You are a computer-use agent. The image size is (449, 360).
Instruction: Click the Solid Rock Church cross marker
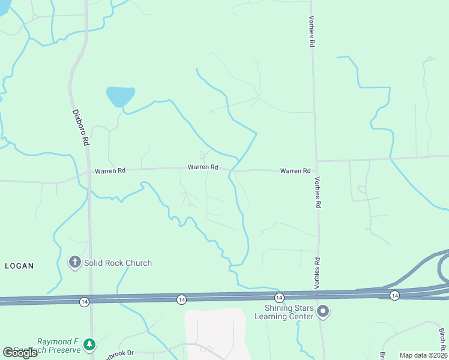point(74,262)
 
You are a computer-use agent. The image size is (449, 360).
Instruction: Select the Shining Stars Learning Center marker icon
point(323,311)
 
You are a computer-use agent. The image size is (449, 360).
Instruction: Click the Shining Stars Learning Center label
point(285,312)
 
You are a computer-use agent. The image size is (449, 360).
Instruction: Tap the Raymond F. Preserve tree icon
point(89,344)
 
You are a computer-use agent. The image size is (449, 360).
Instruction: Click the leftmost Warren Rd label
point(110,171)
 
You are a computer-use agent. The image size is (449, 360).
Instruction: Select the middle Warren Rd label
point(202,167)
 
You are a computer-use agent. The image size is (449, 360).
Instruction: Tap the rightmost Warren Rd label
point(295,171)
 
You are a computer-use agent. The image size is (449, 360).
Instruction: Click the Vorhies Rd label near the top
point(312,32)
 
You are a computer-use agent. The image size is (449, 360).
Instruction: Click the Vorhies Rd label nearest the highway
point(316,273)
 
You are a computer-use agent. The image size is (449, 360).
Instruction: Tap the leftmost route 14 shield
point(84,301)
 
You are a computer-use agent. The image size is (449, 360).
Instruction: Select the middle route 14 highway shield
point(181,299)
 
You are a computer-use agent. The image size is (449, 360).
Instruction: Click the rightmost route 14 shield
point(394,295)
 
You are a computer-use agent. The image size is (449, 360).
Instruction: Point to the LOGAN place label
point(19,265)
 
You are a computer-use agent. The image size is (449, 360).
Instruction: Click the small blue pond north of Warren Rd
point(120,96)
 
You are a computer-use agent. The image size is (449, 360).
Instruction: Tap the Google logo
point(20,353)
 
